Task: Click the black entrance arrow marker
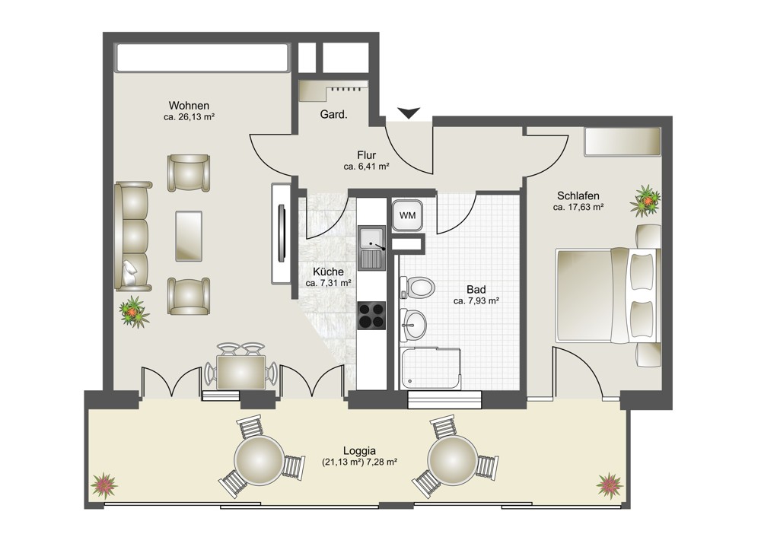click(x=410, y=113)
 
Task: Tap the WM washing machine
click(x=407, y=215)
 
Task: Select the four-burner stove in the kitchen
click(x=372, y=316)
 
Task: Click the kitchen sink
click(x=372, y=248)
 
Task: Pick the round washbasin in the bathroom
click(x=413, y=324)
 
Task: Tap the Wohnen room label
click(x=189, y=106)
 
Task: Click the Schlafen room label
click(x=578, y=196)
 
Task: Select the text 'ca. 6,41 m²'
click(x=367, y=167)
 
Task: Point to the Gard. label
click(x=333, y=115)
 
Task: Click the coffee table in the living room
click(x=189, y=236)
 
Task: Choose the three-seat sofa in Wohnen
click(x=133, y=237)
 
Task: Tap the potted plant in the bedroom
click(x=645, y=200)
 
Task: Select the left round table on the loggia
click(x=260, y=459)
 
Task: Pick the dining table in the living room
click(x=240, y=372)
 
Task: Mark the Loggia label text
click(x=360, y=450)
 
